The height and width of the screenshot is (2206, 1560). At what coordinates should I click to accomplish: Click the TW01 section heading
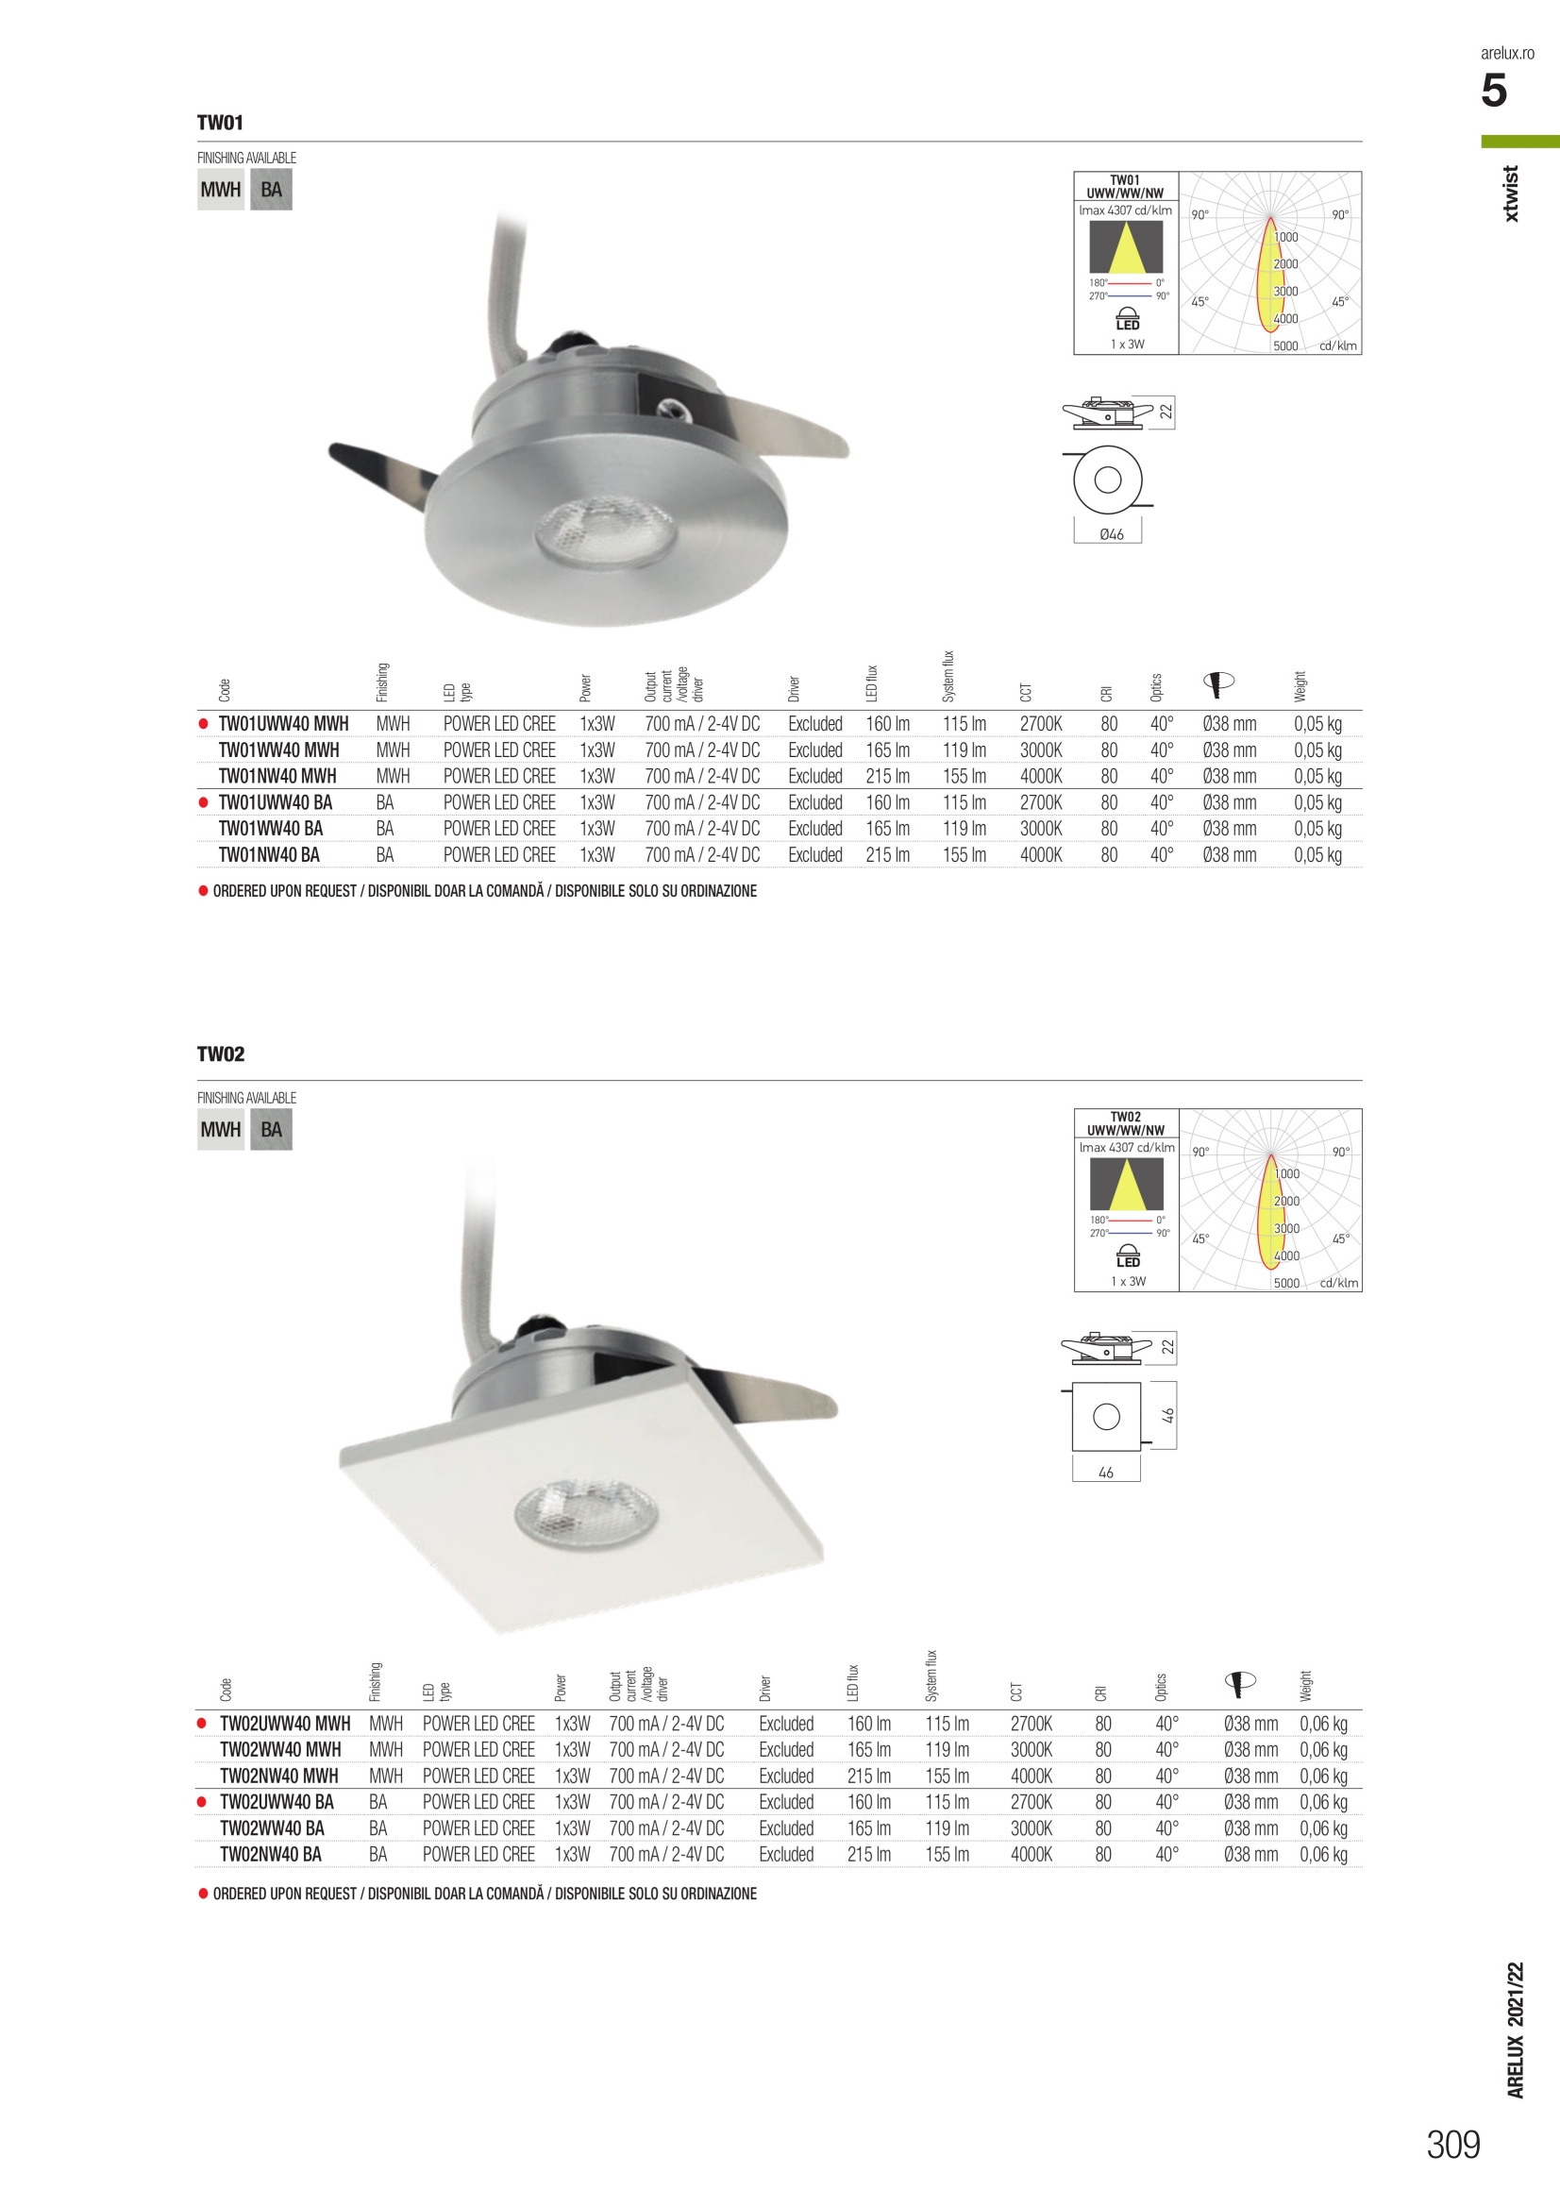point(220,123)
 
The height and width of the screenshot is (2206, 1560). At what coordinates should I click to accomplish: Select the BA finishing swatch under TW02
point(271,1130)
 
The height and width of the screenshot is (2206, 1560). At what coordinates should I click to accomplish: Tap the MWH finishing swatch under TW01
point(220,191)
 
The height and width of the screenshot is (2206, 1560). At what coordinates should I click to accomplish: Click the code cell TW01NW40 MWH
point(277,776)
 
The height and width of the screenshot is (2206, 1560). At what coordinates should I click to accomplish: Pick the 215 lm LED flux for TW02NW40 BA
point(868,1854)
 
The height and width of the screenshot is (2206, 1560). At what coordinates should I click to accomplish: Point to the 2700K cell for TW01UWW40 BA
point(1040,802)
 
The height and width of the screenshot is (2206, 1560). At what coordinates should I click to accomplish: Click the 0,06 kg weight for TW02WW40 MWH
point(1323,1750)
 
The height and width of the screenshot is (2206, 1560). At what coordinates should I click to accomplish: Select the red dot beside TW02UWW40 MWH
point(202,1724)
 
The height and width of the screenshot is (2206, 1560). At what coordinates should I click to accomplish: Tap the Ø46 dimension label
point(1112,534)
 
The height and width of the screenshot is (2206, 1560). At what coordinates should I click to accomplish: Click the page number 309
point(1452,2145)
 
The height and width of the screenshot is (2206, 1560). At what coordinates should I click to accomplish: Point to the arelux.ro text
point(1506,54)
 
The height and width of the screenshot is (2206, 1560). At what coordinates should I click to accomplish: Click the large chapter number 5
point(1494,92)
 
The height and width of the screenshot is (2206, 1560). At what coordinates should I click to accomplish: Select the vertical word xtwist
point(1511,194)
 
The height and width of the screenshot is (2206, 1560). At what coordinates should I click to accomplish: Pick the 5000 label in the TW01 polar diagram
point(1285,345)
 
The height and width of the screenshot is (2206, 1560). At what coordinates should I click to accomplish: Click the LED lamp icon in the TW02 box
point(1128,1256)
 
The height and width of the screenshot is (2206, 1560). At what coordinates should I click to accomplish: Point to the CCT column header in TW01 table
point(1026,692)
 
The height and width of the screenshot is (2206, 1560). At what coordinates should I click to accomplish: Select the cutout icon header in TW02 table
point(1240,1681)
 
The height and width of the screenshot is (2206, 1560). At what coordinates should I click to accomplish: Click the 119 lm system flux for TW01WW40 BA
point(964,828)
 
